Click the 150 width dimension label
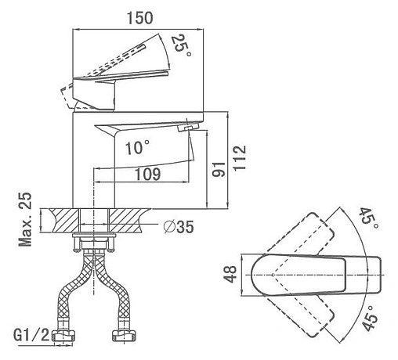139,18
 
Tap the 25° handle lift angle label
182,45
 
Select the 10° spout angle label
138,147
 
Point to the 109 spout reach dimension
147,175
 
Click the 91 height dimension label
219,169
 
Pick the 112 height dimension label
240,158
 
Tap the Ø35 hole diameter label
179,226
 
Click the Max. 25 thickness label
25,219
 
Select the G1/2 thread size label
31,336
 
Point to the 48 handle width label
230,275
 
